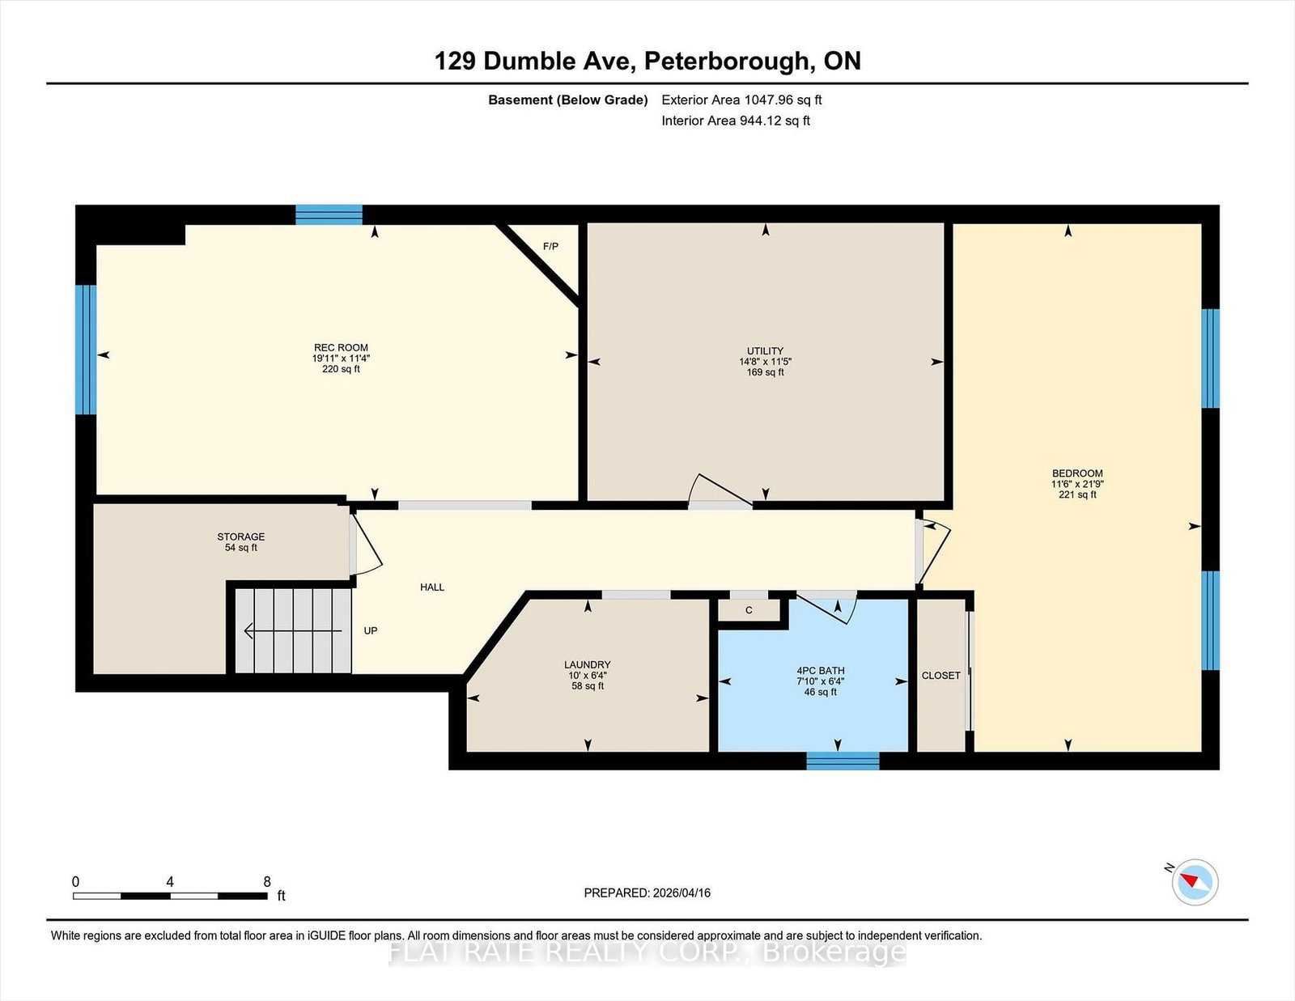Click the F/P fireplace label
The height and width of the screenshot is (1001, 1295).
(550, 246)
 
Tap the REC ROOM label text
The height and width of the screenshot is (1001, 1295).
(341, 347)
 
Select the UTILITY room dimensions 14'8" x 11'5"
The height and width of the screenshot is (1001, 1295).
(765, 362)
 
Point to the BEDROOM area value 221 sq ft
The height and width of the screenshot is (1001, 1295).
(1077, 494)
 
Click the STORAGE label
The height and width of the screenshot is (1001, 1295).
(240, 537)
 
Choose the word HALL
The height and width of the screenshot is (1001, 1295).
(432, 587)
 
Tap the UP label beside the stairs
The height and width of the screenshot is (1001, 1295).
(371, 630)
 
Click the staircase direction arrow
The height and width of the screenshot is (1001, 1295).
(293, 630)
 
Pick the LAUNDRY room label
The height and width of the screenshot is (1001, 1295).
(588, 664)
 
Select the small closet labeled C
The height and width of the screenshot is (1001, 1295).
(749, 610)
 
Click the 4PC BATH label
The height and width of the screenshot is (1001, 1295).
(821, 670)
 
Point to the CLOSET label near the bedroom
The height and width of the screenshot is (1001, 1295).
(941, 675)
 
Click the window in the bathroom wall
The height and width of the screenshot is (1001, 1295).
(843, 761)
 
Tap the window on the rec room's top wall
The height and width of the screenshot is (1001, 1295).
(329, 214)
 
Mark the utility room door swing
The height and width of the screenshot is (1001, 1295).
(720, 491)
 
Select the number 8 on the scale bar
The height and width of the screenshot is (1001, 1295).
(267, 881)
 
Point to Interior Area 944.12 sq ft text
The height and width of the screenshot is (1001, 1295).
(736, 121)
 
